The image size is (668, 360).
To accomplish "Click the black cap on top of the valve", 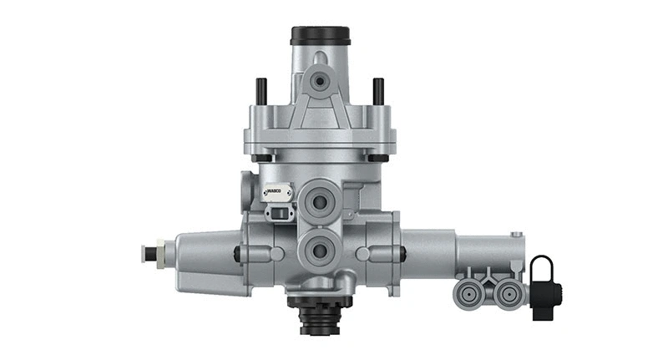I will click(x=320, y=36).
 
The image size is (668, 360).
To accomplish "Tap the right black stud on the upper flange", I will click(x=377, y=89).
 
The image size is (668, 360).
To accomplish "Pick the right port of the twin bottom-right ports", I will click(x=506, y=293).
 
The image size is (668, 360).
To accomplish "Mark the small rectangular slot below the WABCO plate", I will click(x=276, y=213).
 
